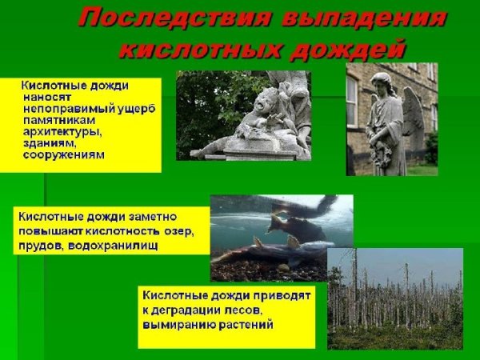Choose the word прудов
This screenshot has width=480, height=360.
[39, 246]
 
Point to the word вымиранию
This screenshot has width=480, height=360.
[181, 325]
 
